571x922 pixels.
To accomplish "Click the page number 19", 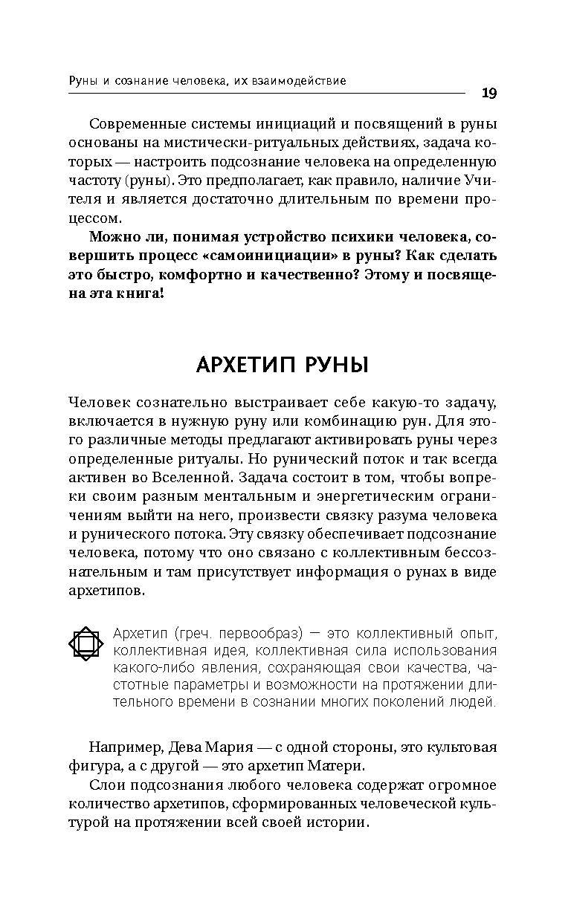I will pos(489,93).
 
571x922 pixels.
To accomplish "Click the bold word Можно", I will pos(110,237).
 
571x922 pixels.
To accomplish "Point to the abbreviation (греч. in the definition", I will pos(187,634).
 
